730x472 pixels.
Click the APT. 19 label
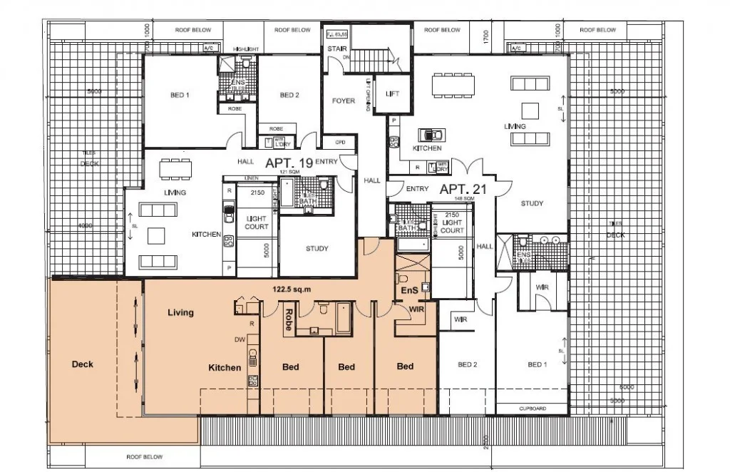[289, 163]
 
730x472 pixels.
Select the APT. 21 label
[463, 190]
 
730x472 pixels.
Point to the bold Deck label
[83, 364]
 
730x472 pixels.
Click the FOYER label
[344, 101]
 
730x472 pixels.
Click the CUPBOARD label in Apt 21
[532, 409]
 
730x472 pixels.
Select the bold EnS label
[409, 292]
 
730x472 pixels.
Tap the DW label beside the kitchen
[240, 339]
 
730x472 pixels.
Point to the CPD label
[340, 142]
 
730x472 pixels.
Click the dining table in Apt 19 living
[175, 169]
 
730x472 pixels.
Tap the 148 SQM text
[462, 199]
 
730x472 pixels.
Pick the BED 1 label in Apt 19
[178, 96]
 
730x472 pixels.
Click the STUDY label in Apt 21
[532, 204]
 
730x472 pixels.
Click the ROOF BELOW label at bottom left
[145, 457]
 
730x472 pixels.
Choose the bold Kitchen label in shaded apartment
[225, 368]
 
